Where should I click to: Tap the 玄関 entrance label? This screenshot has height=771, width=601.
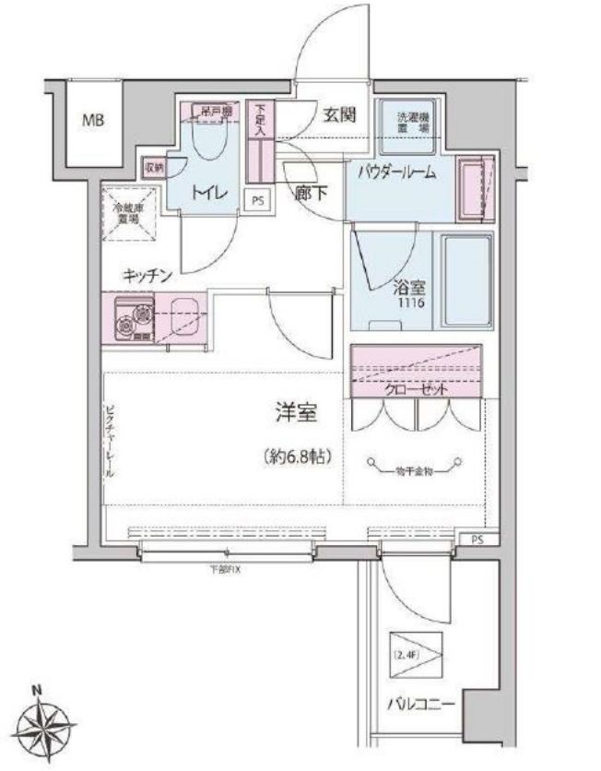coord(338,116)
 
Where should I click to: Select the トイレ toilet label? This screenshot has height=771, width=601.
coord(207,193)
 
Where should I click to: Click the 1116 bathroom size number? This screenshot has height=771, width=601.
coord(411,302)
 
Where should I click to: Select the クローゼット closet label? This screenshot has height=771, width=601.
coord(418,389)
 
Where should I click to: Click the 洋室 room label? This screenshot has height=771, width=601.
coord(295,415)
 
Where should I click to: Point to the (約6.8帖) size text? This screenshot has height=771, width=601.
coord(296,457)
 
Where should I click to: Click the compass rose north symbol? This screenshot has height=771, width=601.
coord(46,723)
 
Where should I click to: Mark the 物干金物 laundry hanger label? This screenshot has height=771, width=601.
coord(412,471)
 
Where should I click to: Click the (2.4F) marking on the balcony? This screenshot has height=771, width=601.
coord(409,654)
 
